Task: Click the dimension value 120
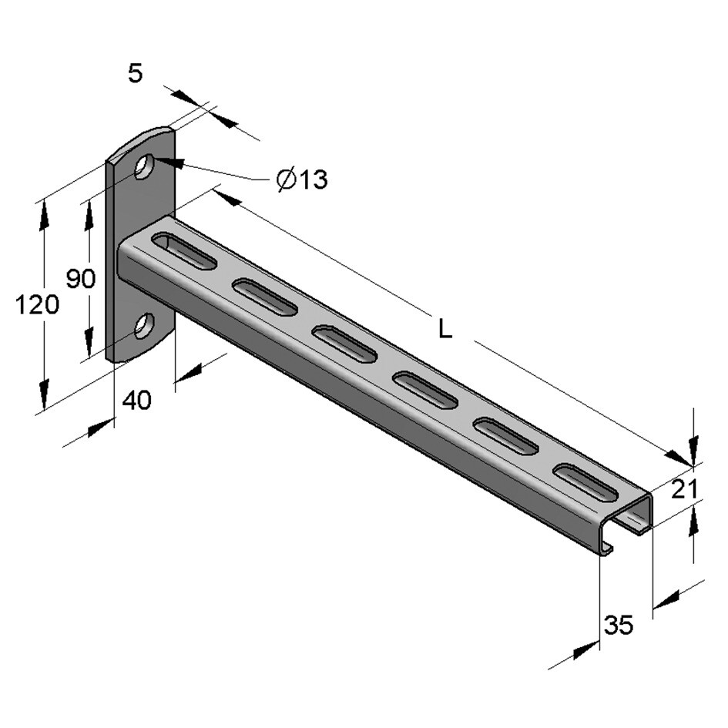coord(37,305)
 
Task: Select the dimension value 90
coord(80,278)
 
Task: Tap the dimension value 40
coord(137,401)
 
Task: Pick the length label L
coord(445,329)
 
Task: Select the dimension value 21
coord(683,488)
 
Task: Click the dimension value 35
coord(618,626)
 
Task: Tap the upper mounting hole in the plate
coord(144,166)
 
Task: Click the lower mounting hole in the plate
coord(143,326)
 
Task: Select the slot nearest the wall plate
coord(184,252)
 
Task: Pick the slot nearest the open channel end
coord(585,483)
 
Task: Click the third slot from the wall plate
coord(344,344)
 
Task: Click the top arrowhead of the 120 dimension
coord(44,213)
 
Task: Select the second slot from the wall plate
coord(264,297)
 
